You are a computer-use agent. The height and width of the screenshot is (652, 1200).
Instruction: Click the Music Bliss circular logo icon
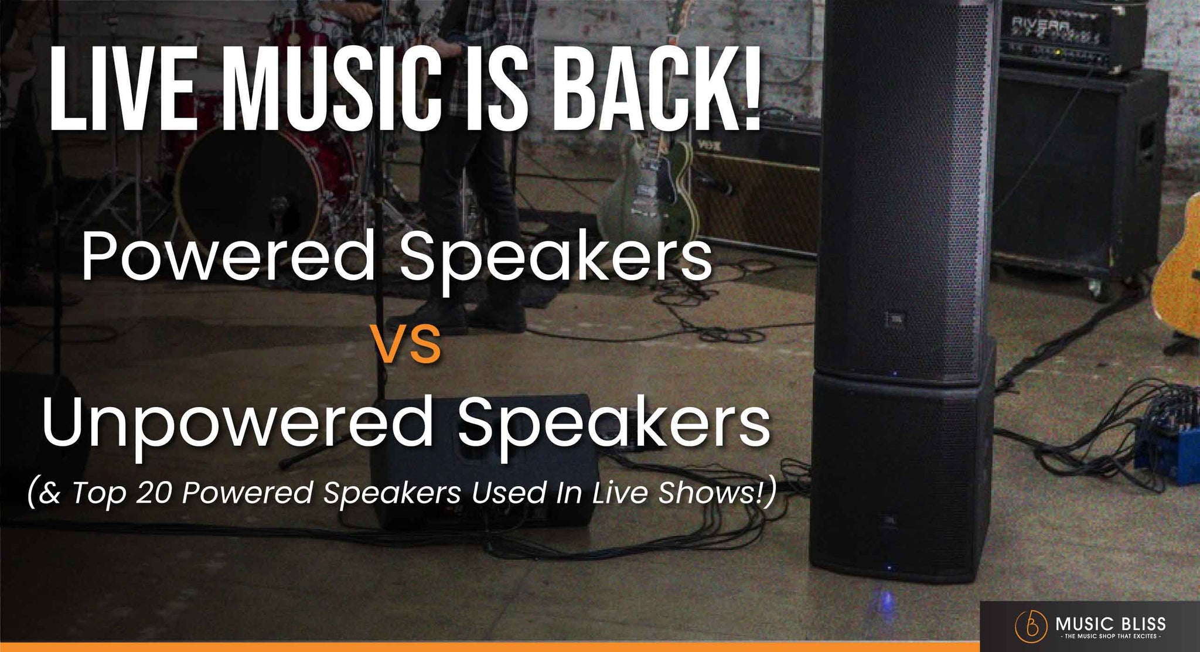(1031, 624)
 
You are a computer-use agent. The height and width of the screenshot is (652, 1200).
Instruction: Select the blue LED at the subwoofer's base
(890, 568)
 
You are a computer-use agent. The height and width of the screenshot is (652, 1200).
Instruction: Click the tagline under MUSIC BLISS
(1110, 636)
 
